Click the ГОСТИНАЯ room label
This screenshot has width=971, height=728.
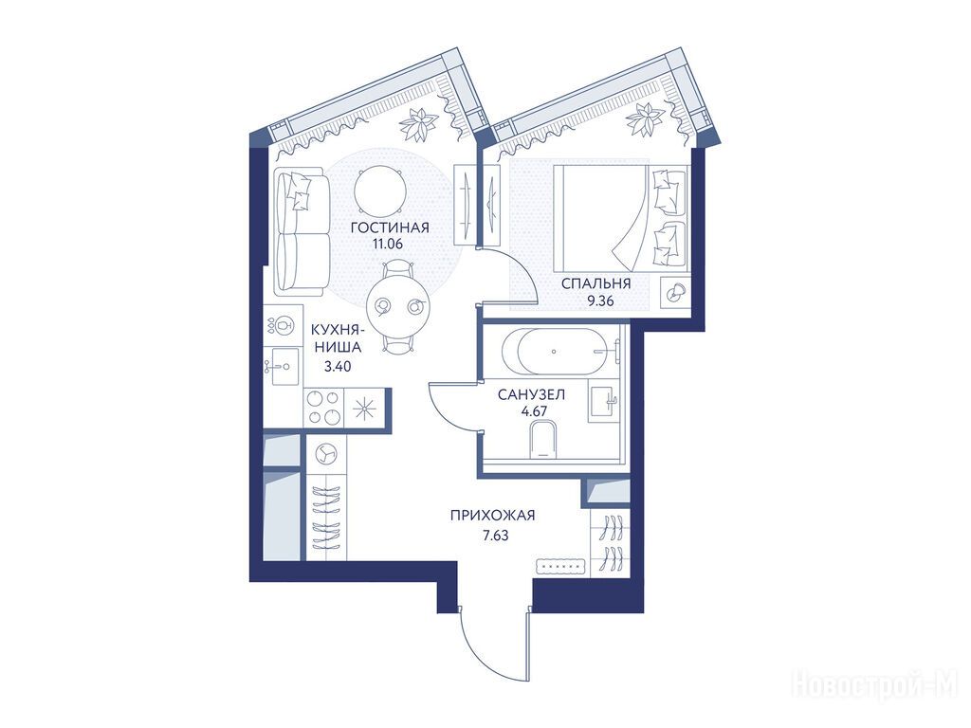point(390,227)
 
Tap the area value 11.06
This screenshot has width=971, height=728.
point(388,244)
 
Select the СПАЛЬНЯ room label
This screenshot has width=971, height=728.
point(595,284)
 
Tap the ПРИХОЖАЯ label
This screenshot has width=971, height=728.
point(492,515)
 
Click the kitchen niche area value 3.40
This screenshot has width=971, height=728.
point(339,367)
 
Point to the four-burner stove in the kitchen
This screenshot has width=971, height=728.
point(324,408)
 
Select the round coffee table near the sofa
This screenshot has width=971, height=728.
point(380,191)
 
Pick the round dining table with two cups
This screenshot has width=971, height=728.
point(398,306)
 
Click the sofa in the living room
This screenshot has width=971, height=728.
point(302,230)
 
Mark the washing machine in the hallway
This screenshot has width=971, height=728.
point(324,455)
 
